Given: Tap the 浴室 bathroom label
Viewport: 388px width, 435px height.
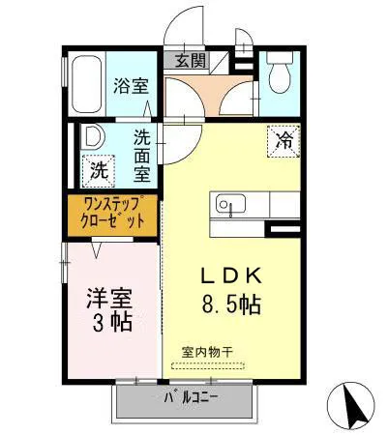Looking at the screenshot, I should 131,85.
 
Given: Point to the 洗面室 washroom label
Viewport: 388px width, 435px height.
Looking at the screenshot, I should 142,157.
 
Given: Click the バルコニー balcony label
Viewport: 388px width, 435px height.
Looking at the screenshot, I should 191,397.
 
